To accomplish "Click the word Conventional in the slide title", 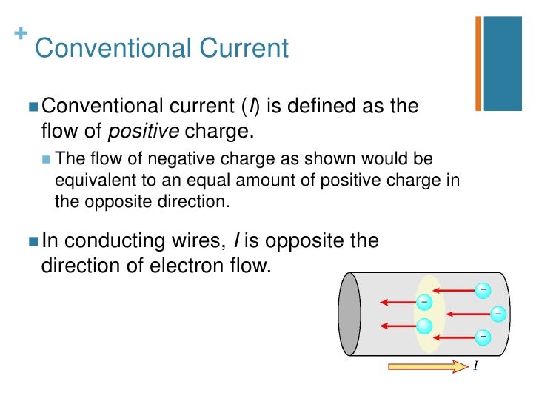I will [x=103, y=49].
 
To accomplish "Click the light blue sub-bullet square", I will [x=47, y=160].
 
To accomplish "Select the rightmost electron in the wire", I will [x=498, y=314].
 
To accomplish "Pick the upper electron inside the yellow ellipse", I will [x=423, y=302].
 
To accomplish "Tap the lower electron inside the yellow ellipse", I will [x=424, y=325].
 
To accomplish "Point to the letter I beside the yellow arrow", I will [x=475, y=366].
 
